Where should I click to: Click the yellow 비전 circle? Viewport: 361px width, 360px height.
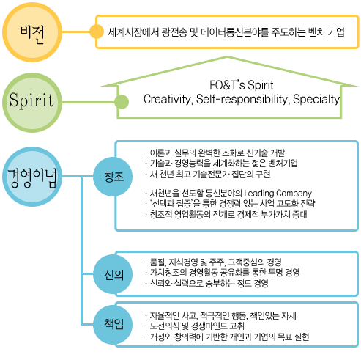coord(32,32)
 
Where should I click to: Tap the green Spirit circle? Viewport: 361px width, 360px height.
coord(32,103)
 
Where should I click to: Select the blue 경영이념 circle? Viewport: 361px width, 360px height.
coord(32,177)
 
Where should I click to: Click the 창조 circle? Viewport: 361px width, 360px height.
coord(113,177)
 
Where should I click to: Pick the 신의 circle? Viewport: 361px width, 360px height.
coord(113,275)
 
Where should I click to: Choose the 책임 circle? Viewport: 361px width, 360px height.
coord(113,325)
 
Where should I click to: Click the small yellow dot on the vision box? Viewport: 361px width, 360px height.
coord(97,32)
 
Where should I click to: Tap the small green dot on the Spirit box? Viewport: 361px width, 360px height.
coord(122,102)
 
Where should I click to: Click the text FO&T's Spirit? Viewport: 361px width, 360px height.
coord(242,85)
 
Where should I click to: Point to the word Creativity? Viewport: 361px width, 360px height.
coord(168,99)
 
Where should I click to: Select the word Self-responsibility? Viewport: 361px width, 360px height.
coord(243,99)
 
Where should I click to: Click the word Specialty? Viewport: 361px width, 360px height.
coord(316,99)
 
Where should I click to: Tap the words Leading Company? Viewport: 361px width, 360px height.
coord(278,194)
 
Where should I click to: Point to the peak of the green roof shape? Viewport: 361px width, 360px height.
coord(227,57)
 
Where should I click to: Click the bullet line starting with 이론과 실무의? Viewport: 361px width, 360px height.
coord(215,153)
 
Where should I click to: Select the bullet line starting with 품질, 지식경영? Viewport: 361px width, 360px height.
coord(213,262)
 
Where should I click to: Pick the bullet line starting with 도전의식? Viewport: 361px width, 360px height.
coord(195,326)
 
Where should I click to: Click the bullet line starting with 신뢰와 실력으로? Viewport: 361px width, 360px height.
coord(206,283)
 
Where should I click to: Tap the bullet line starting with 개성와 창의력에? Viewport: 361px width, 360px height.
coord(227,337)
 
